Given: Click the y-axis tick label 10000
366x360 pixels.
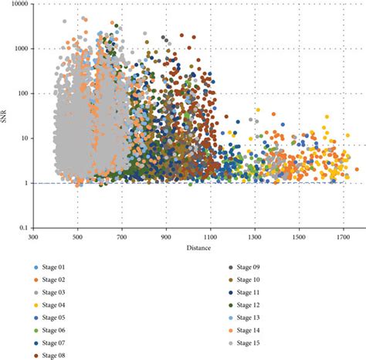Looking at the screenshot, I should [x=19, y=5].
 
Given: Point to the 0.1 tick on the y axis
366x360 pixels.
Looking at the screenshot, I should [x=24, y=229].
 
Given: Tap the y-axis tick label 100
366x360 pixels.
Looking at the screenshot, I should [x=22, y=93].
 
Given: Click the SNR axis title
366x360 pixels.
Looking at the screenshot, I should [x=7, y=116].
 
